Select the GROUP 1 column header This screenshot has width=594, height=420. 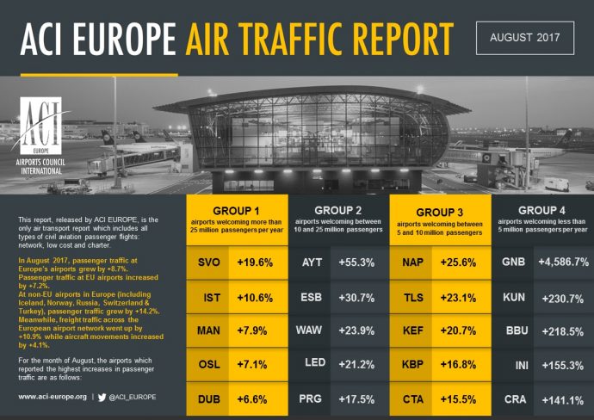pos(238,219)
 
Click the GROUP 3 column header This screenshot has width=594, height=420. pos(440,219)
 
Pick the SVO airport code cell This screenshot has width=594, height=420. pos(207,262)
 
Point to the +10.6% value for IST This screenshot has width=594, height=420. pos(257,297)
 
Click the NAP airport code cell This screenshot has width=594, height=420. pos(412,262)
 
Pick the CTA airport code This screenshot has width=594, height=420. pos(412,400)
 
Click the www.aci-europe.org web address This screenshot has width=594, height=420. pos(53,397)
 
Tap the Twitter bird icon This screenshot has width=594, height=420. pos(101,397)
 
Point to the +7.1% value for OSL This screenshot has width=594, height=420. pos(257,366)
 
